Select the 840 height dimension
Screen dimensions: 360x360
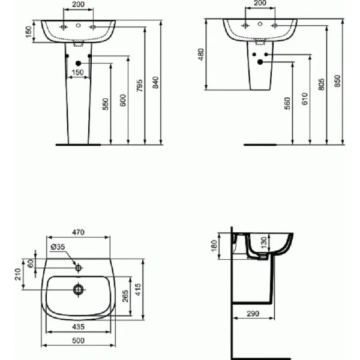coord(156,86)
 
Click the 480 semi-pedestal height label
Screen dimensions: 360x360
coord(201,55)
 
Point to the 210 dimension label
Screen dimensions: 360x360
coord(19,275)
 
